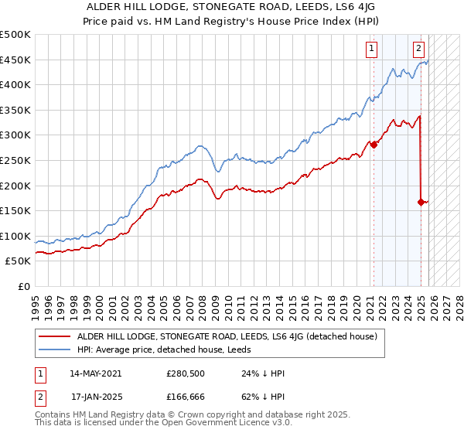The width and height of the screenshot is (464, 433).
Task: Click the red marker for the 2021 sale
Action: [374, 144]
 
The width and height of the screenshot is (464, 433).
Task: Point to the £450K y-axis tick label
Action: [15, 60]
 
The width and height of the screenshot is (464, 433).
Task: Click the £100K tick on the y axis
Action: [15, 236]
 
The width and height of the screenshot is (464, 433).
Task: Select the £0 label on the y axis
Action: [23, 286]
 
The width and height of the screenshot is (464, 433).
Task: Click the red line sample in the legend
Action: [53, 336]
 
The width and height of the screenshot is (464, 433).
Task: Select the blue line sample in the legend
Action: [53, 350]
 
